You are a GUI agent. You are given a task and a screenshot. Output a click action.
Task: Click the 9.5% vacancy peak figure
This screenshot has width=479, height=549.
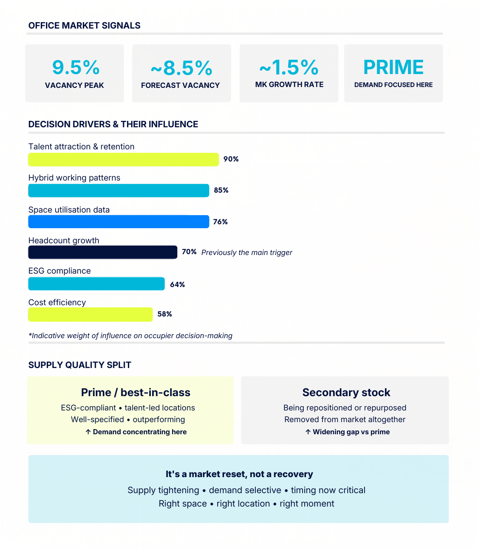76,68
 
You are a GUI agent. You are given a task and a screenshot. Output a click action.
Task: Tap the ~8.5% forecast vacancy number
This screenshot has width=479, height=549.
182,68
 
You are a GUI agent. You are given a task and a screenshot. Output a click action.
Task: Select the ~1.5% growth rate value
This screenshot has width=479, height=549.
289,68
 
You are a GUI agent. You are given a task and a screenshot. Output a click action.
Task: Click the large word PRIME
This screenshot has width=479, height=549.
393,68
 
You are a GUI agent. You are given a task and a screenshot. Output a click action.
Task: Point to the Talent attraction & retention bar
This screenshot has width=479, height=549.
124,159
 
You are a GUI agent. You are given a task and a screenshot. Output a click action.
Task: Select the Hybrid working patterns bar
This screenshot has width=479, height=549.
118,191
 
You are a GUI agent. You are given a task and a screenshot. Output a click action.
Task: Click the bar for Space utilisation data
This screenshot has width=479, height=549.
118,222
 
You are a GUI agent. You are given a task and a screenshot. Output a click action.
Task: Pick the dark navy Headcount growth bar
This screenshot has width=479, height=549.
103,252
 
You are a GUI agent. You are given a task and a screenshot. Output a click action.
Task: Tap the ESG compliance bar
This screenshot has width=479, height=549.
96,284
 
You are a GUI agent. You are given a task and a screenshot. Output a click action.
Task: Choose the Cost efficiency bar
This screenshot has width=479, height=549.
90,314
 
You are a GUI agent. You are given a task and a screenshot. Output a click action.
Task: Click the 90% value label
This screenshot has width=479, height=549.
231,159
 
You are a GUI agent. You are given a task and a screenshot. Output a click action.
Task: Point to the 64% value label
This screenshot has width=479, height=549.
177,284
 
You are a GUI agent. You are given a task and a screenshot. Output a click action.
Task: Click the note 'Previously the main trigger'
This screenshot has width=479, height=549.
247,252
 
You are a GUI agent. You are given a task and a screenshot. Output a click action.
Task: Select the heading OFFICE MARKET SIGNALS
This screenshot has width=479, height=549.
85,26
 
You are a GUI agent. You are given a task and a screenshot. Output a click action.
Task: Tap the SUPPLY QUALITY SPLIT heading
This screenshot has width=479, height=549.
80,365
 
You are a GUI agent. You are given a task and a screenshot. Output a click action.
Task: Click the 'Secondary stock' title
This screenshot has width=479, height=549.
346,392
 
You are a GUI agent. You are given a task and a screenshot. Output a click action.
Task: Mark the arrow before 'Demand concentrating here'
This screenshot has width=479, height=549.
88,432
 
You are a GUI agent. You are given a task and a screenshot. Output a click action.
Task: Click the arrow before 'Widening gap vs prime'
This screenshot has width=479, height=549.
308,432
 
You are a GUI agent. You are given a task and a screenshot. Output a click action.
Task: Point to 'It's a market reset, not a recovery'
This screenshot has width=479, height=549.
239,474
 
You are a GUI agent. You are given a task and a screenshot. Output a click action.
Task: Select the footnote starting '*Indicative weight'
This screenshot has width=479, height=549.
130,336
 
